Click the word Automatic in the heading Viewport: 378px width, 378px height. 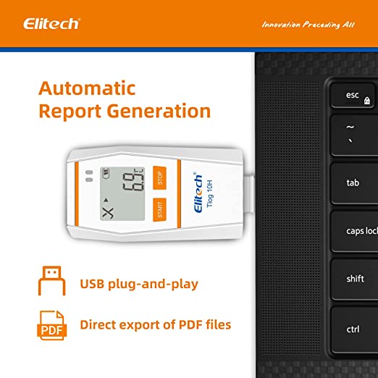click(87, 88)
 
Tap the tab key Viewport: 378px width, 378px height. click(352, 182)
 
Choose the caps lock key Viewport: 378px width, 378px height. click(361, 231)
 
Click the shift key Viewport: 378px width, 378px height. click(355, 279)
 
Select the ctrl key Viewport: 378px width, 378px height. click(353, 329)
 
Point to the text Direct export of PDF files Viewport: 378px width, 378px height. click(156, 324)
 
